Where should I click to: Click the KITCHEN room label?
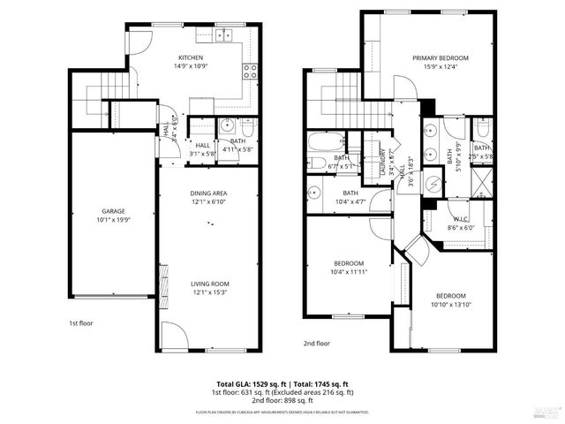coord(192,58)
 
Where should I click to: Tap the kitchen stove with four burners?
coord(250,72)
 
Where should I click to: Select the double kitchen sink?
coord(224,36)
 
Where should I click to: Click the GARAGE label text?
coord(112,211)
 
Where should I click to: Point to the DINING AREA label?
coord(209,193)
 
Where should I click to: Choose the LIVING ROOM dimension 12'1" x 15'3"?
coord(209,292)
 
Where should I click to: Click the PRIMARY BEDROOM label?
coord(440,58)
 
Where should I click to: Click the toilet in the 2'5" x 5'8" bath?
coord(481,128)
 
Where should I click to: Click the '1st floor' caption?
coord(81,323)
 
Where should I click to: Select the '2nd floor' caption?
coord(316,343)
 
